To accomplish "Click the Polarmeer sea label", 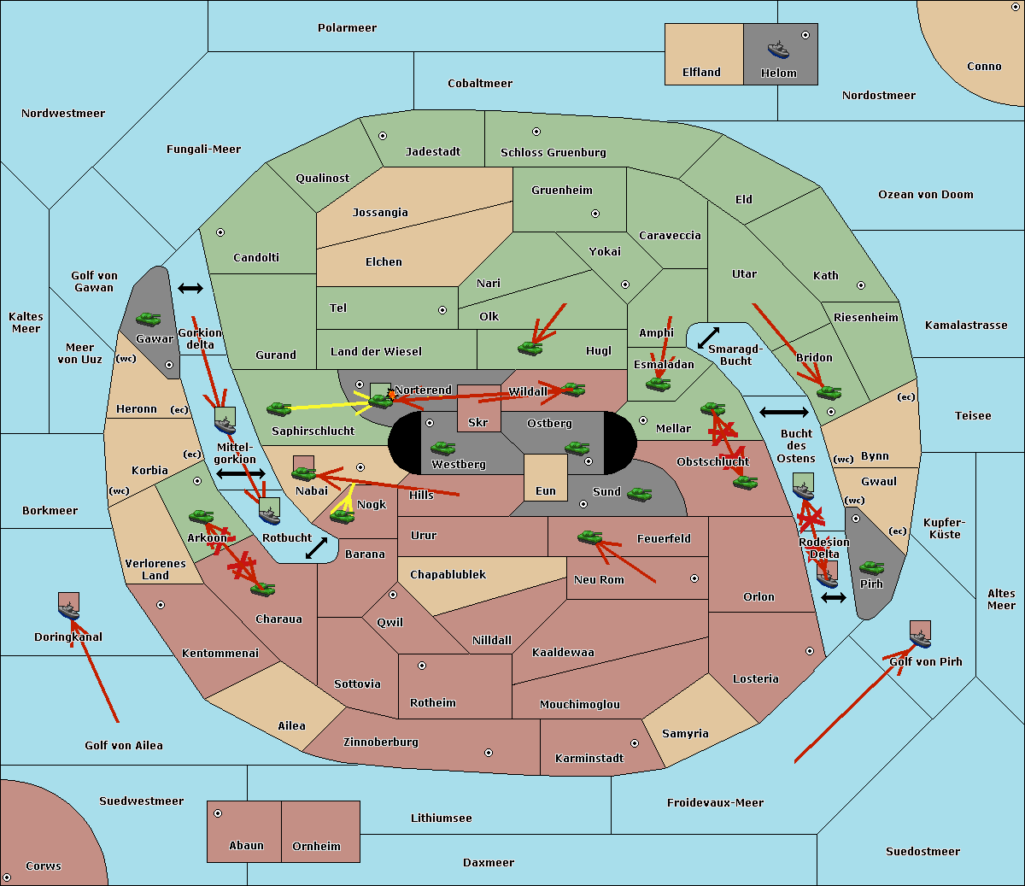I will coord(347,28).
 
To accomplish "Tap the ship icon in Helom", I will coord(778,49).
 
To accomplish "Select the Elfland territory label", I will coord(701,73).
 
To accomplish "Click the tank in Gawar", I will coord(149,320).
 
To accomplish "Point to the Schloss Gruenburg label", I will coord(553,153).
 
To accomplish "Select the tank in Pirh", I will coord(871,568).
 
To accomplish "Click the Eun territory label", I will coord(546,491).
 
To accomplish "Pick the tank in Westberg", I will coord(442,449).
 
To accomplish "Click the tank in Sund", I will coord(639,494).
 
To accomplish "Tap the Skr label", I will coord(478,423).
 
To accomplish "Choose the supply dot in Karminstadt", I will coord(635,743).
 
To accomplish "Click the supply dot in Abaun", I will coord(218,813).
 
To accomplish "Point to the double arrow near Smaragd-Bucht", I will coord(708,338).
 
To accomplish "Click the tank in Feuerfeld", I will coord(589,537).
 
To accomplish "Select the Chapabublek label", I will coord(448,575).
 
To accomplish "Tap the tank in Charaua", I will coord(263,590).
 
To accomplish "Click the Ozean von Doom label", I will coord(925,195).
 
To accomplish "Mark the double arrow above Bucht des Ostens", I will coord(783,413).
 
